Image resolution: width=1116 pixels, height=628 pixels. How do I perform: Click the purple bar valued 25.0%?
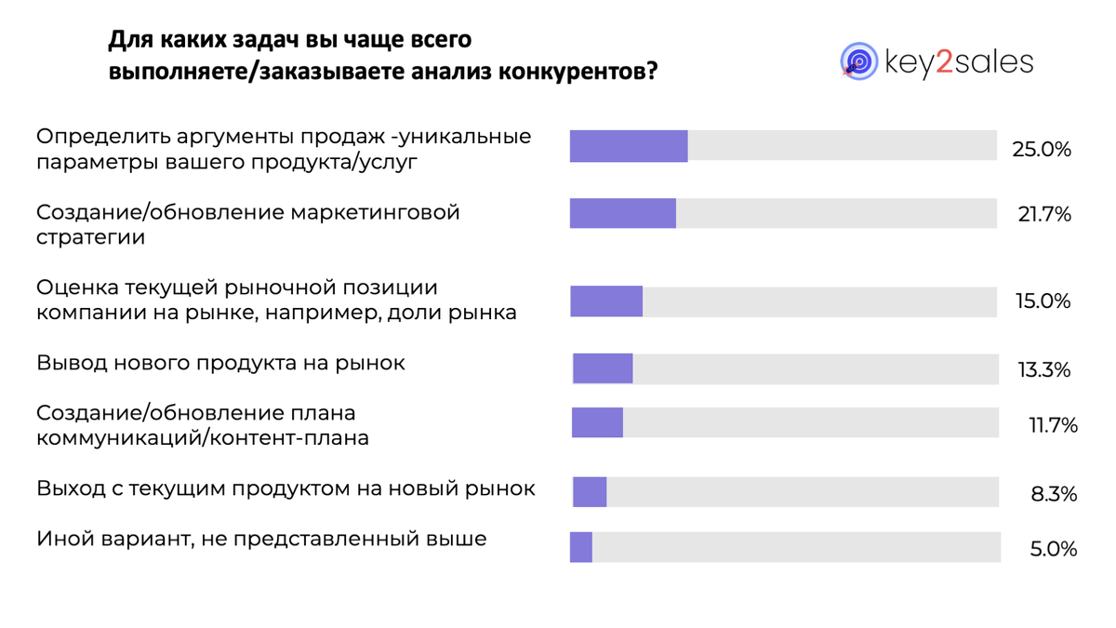(x=629, y=147)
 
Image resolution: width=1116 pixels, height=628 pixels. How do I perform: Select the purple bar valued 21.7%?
(x=623, y=213)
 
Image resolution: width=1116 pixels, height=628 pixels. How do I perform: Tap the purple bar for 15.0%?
(x=606, y=301)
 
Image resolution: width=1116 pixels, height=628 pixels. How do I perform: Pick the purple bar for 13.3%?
(x=603, y=368)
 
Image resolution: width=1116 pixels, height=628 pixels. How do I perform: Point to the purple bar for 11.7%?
(x=597, y=423)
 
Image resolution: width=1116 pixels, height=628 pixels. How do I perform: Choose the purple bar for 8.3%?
(x=590, y=492)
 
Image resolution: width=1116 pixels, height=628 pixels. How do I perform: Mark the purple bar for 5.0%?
(x=581, y=547)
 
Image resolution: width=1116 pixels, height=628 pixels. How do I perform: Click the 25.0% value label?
(x=1042, y=149)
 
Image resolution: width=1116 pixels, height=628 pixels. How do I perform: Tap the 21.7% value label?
(x=1044, y=215)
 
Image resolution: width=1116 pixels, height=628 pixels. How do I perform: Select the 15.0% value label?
(x=1043, y=302)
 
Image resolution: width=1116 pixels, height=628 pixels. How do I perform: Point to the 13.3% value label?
(x=1043, y=370)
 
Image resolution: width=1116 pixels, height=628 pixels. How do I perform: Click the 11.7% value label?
(x=1053, y=426)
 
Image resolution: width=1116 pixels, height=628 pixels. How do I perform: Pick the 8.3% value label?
(x=1054, y=494)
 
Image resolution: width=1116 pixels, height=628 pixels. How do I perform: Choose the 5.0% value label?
(x=1054, y=550)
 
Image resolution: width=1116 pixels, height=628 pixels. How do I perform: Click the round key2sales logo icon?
(x=859, y=61)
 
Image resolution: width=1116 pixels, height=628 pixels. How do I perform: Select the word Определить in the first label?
(x=100, y=137)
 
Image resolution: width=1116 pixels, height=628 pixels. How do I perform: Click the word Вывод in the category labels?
(x=71, y=363)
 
